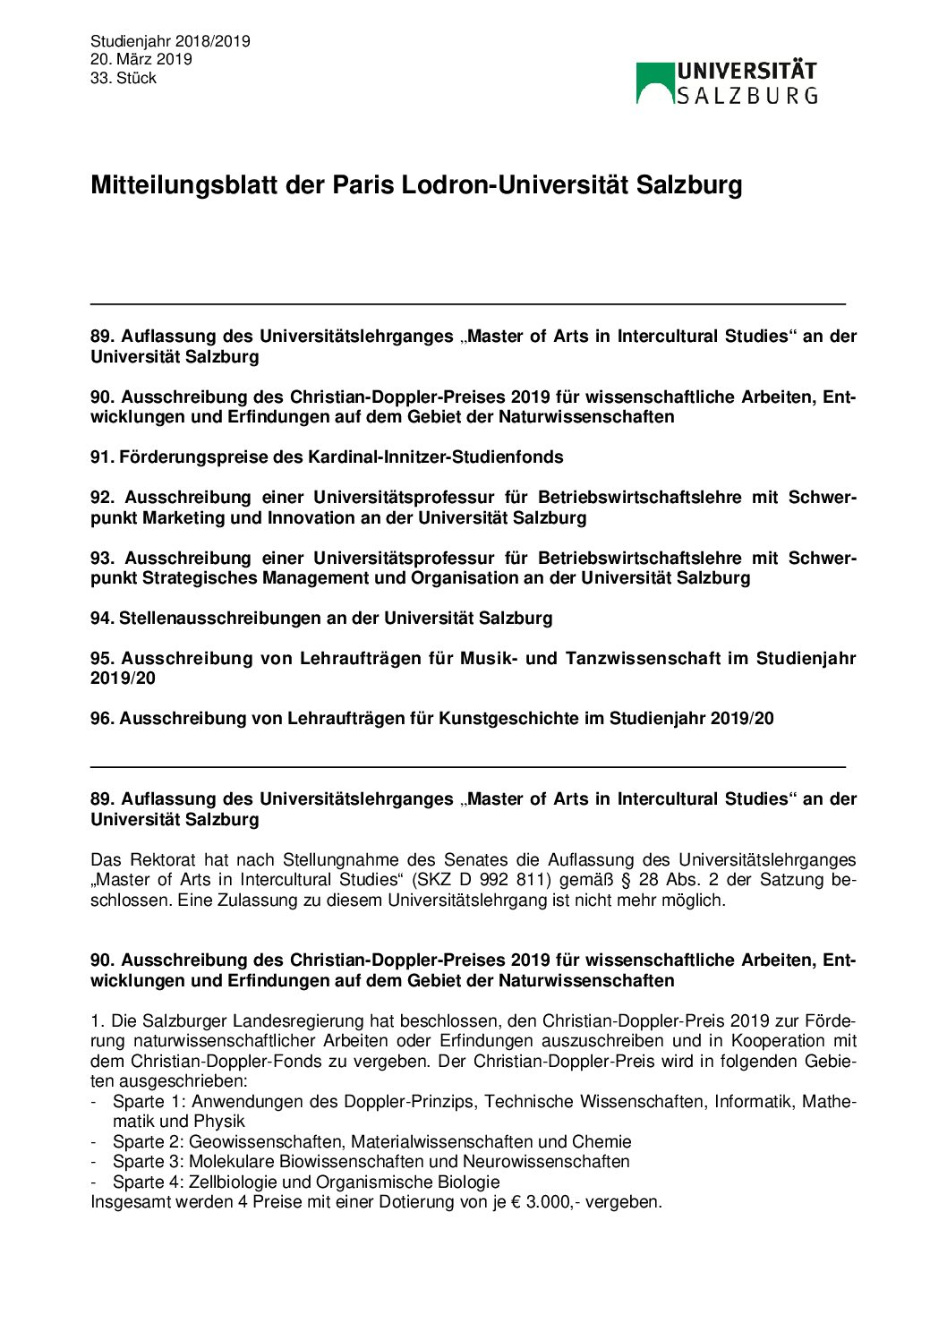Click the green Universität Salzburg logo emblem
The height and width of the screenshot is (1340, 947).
(x=655, y=83)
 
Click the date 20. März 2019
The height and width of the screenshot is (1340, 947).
(x=141, y=59)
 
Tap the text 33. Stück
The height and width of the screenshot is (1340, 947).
(x=123, y=78)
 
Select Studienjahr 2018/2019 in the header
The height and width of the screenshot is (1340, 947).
(x=170, y=41)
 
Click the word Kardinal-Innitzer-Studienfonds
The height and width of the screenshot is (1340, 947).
(x=435, y=457)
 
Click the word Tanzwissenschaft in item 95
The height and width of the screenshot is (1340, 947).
(x=643, y=659)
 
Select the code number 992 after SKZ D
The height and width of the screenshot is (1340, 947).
(x=493, y=880)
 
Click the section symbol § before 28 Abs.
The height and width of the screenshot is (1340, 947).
(x=625, y=880)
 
